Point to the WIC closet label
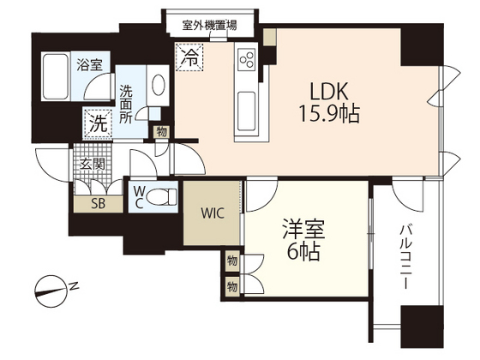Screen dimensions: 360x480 click(x=213, y=213)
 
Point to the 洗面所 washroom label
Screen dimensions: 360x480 click(x=127, y=101)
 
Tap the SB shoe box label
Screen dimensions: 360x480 click(x=90, y=204)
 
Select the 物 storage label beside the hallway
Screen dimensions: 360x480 click(x=161, y=132)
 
